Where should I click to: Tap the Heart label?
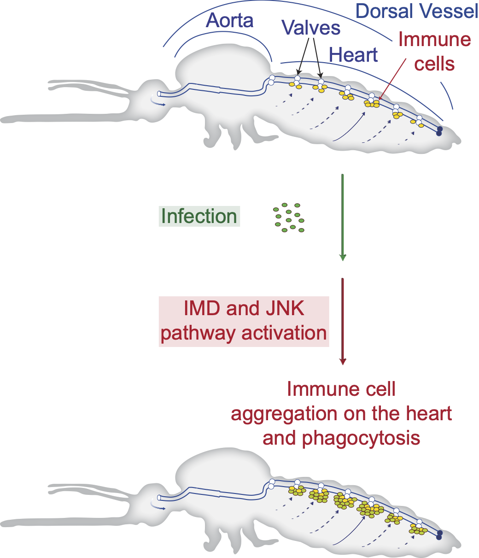(354, 55)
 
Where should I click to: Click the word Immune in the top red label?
(435, 40)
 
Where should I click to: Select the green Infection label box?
(199, 216)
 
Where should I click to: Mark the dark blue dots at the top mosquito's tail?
(440, 131)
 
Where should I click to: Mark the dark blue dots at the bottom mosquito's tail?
(440, 535)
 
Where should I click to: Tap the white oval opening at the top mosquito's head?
(159, 94)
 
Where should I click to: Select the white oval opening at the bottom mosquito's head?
(159, 498)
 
